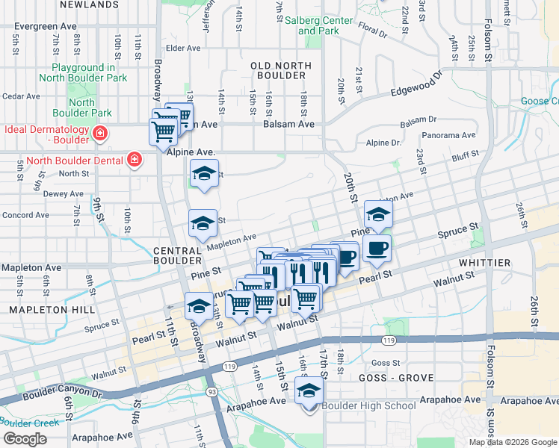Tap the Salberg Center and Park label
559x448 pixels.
[x=318, y=25]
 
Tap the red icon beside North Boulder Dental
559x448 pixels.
[x=134, y=160]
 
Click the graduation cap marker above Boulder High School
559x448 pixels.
[x=309, y=390]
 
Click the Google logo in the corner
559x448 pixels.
[x=25, y=439]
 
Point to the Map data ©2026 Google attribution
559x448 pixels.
[x=513, y=442]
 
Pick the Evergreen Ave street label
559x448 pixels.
[x=45, y=26]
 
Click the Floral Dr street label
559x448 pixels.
[x=373, y=33]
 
